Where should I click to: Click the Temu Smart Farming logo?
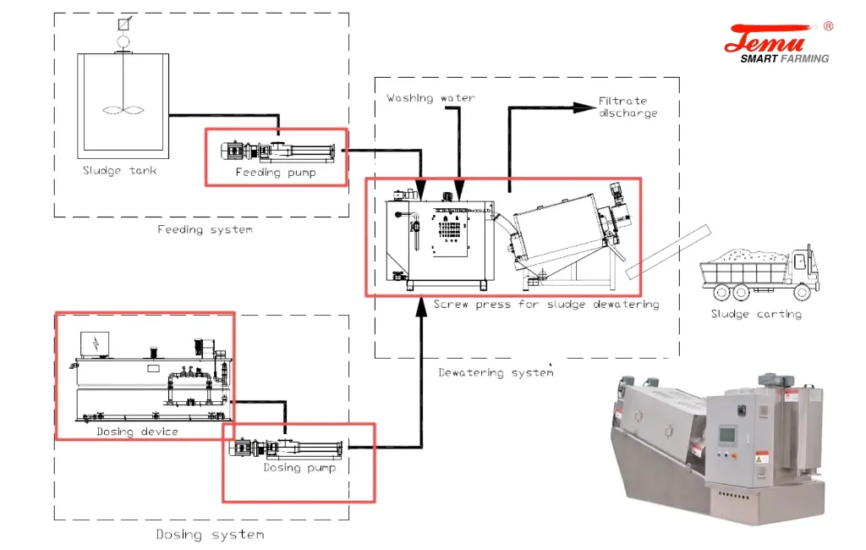tap(777, 43)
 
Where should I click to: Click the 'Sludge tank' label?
tap(119, 171)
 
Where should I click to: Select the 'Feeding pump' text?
tap(276, 173)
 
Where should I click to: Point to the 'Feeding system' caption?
tap(205, 229)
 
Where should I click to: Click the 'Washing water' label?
tap(430, 98)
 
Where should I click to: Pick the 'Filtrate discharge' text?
tap(628, 107)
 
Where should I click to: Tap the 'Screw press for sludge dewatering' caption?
tap(546, 305)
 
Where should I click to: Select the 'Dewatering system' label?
tap(496, 372)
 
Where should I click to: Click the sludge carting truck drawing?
tap(759, 272)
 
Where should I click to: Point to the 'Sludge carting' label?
tap(755, 314)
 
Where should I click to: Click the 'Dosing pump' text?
tap(299, 468)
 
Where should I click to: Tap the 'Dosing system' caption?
tap(210, 535)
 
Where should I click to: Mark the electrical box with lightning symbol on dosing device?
tap(95, 343)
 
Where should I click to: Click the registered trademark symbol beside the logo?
tap(828, 26)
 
